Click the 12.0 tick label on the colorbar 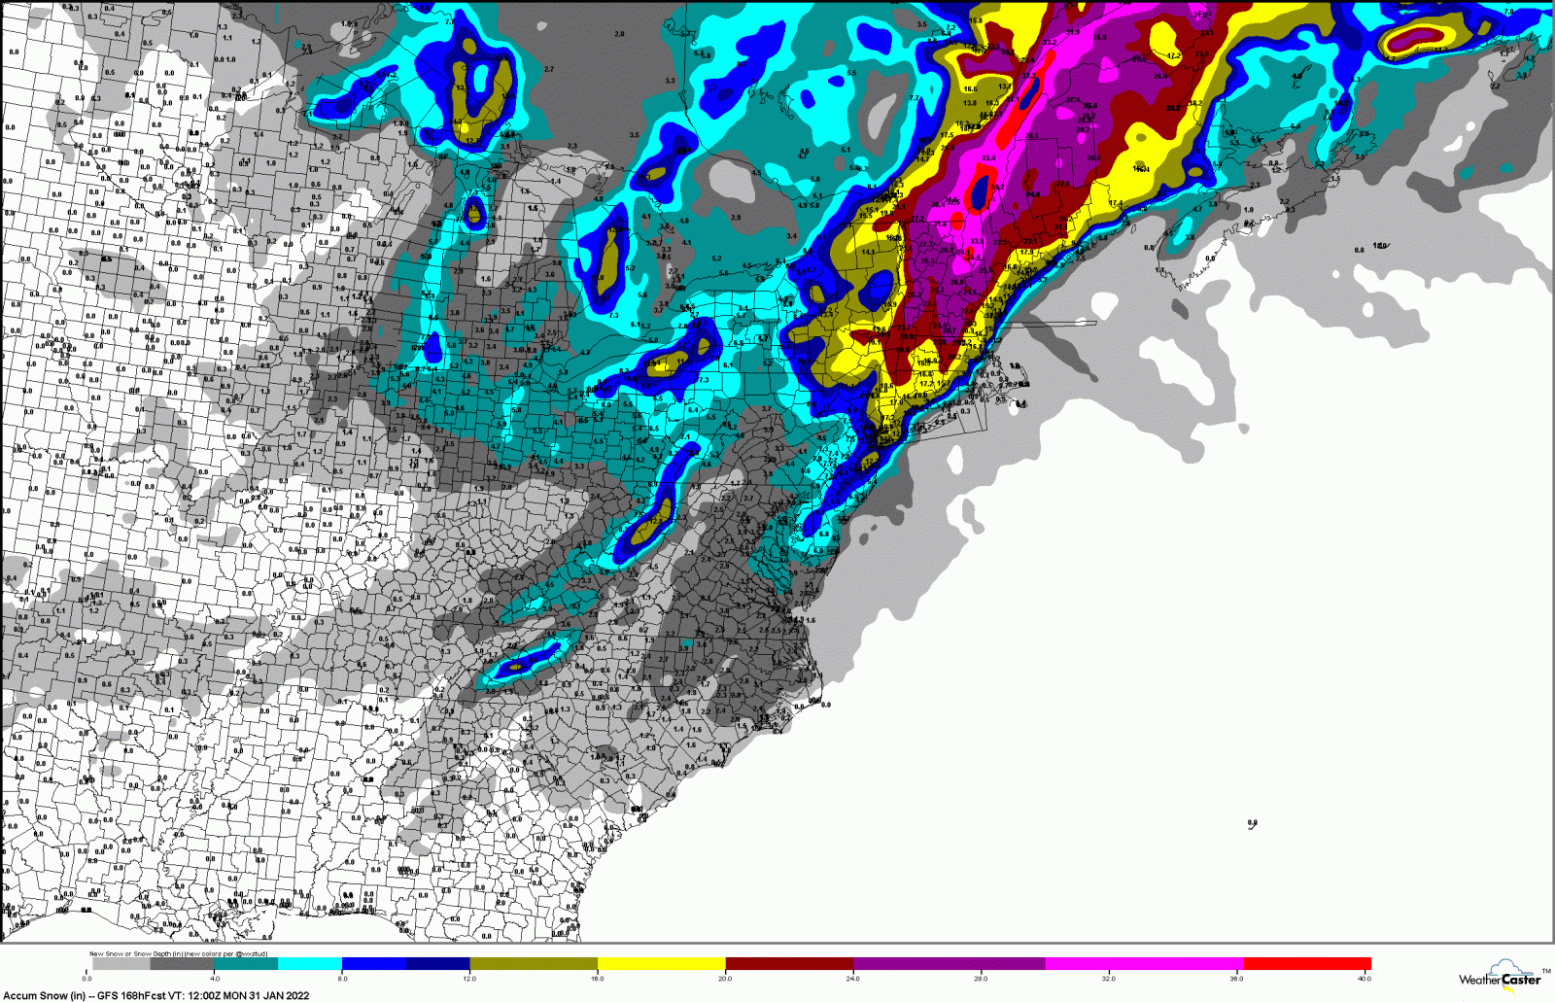click(469, 979)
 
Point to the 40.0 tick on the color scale click(1365, 979)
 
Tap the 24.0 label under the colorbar click(852, 979)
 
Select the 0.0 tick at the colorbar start click(87, 979)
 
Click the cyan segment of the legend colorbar click(309, 964)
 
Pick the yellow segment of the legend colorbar click(661, 964)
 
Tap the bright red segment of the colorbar click(1306, 964)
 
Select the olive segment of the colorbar click(533, 964)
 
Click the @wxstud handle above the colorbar click(251, 954)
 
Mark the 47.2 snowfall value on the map click(1173, 56)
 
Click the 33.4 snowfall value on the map click(988, 157)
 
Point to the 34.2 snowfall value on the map click(997, 188)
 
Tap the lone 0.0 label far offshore click(1252, 823)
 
